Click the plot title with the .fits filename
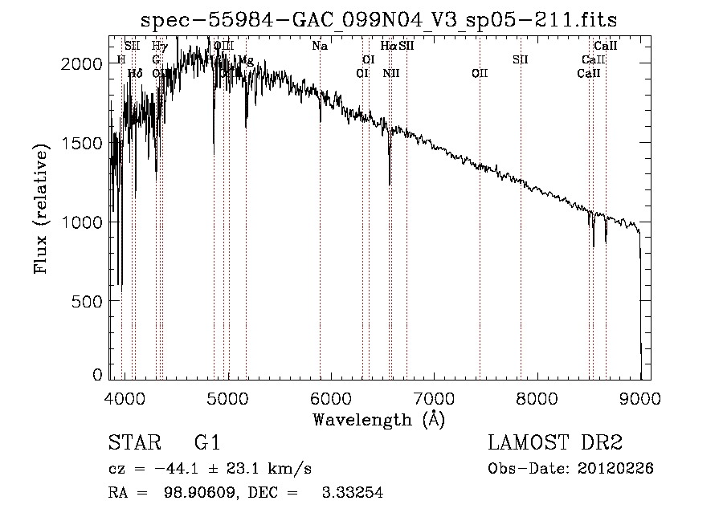point(378,19)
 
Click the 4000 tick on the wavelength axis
point(124,397)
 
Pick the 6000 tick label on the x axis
point(331,397)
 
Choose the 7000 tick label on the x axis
point(434,397)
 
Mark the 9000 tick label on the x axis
point(640,397)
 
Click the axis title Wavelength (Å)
point(378,419)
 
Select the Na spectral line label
point(320,47)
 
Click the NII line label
point(391,73)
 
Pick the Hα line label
point(388,47)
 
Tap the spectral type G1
point(206,444)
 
